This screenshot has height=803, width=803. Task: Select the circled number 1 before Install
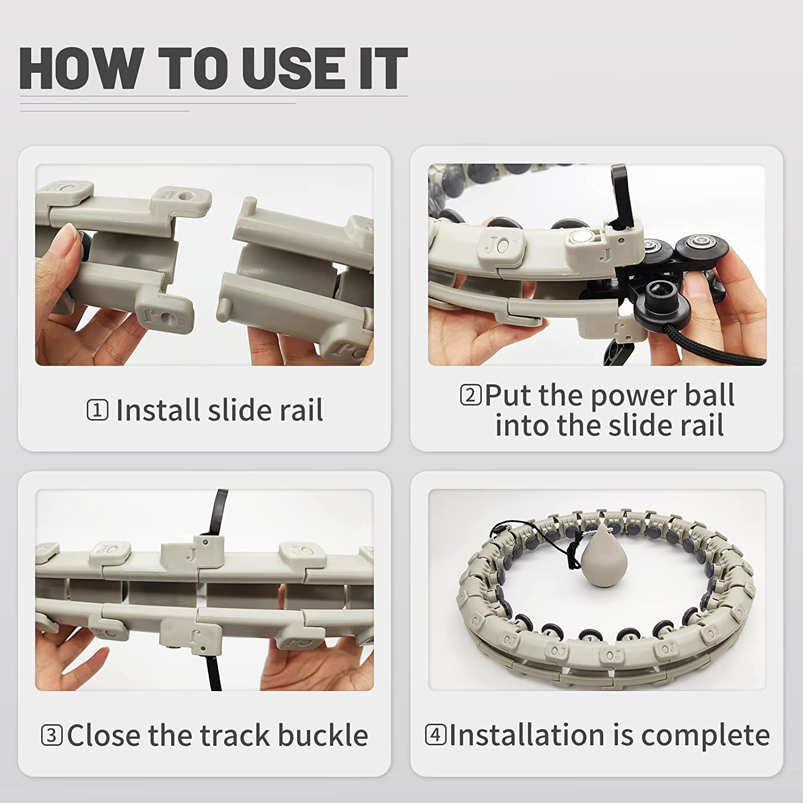[x=97, y=411]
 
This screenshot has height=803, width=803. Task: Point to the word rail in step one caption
[x=301, y=410]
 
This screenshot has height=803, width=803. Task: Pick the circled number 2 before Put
[x=471, y=395]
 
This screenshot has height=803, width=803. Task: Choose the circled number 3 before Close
[x=52, y=735]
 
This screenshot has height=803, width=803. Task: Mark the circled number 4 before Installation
[x=436, y=734]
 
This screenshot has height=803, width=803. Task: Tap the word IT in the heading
[x=382, y=68]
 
